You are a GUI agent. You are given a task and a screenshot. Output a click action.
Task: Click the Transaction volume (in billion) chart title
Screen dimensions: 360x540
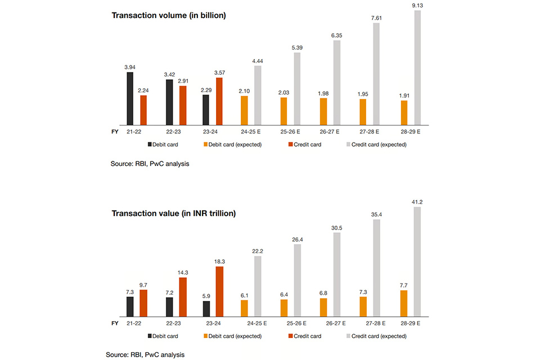[x=169, y=16]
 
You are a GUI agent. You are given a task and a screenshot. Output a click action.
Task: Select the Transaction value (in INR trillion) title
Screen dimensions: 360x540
[x=174, y=213]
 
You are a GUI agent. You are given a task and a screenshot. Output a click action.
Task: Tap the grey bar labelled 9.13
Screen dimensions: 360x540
[x=417, y=67]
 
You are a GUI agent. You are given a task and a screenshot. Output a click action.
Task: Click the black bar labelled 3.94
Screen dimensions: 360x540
[x=130, y=98]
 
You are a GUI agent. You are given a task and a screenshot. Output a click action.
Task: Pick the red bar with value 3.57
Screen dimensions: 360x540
[x=219, y=101]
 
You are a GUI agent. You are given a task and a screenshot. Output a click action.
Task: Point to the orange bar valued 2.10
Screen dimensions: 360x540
[x=245, y=110]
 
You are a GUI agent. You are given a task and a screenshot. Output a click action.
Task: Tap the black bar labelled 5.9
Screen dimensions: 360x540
[x=206, y=309]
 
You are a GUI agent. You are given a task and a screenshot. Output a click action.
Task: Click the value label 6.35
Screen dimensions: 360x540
[x=337, y=35]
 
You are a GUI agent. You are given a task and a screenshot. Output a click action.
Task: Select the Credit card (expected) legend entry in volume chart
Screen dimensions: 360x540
[x=377, y=145]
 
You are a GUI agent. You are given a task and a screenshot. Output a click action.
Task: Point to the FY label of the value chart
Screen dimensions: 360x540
[x=115, y=323]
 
